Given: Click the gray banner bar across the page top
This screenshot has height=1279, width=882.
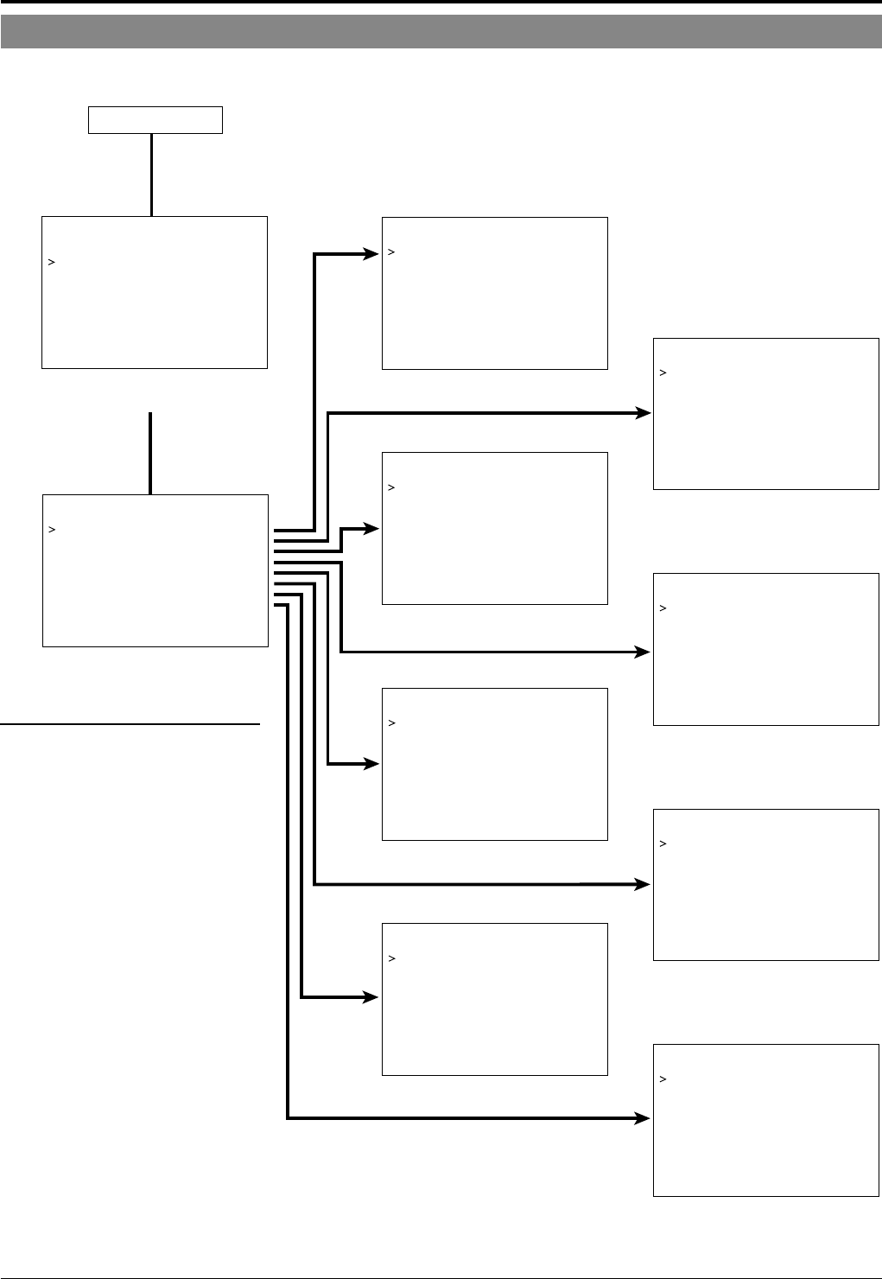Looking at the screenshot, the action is click(x=441, y=31).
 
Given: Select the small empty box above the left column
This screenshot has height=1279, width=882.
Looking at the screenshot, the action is click(x=155, y=120).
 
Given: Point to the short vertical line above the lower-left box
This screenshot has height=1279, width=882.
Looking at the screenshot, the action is click(x=150, y=453).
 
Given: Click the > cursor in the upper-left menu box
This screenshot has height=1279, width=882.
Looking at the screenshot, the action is click(x=52, y=262).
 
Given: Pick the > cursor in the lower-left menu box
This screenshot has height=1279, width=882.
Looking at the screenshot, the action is click(x=52, y=530).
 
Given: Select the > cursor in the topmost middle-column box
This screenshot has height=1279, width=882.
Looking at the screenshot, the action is click(x=391, y=252).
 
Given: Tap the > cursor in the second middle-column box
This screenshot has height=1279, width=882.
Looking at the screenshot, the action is click(x=391, y=487).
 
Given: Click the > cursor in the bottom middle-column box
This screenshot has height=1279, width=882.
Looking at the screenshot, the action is click(x=391, y=958).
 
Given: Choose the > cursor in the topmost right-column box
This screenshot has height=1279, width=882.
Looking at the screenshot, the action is click(x=663, y=373).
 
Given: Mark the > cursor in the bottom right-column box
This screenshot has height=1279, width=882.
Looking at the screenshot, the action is click(x=663, y=1079).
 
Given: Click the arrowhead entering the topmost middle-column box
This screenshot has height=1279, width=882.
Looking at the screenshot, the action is click(x=371, y=254).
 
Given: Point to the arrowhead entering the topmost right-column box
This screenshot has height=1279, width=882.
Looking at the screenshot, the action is click(x=644, y=414).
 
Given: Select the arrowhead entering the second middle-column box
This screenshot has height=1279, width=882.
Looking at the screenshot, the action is click(x=371, y=528).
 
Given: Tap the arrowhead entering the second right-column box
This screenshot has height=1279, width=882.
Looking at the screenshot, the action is click(x=644, y=652).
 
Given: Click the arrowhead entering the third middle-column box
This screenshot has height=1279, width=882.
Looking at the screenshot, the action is click(x=371, y=764).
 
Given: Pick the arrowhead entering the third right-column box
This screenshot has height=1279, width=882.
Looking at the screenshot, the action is click(x=644, y=884).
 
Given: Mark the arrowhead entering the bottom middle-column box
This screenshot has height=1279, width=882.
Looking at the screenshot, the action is click(x=371, y=998).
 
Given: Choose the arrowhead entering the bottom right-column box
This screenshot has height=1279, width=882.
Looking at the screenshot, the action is click(x=644, y=1119).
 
